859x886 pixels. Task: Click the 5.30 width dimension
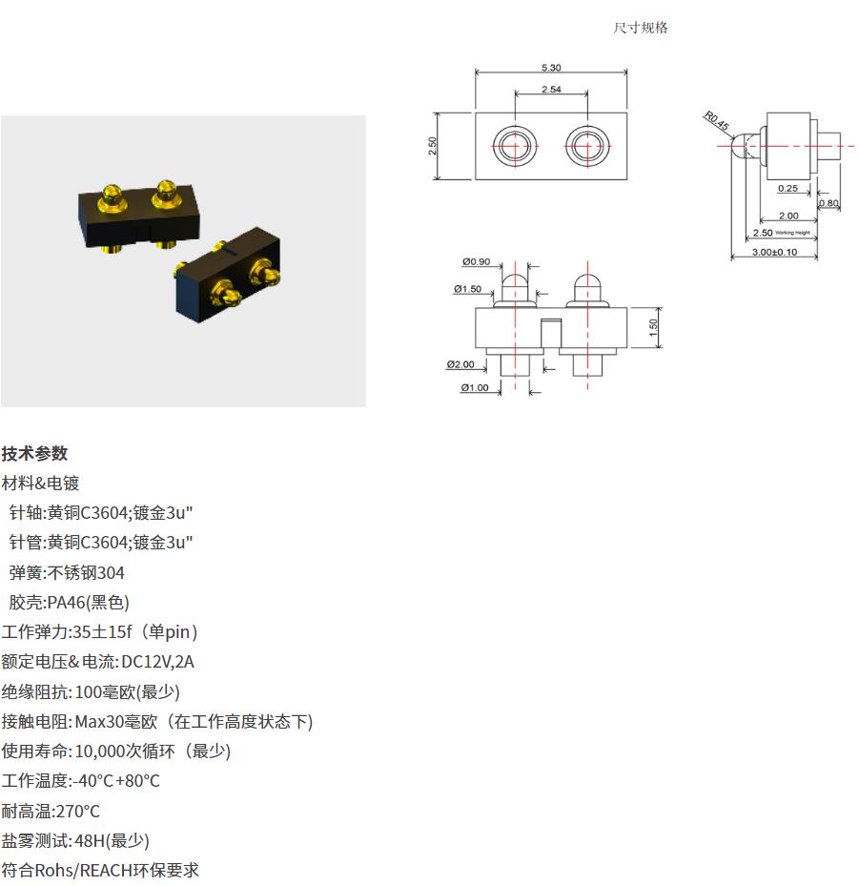(551, 68)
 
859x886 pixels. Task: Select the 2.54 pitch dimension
(551, 90)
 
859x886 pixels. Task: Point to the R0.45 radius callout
(716, 121)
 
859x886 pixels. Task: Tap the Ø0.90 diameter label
(476, 261)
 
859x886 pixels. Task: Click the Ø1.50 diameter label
(467, 289)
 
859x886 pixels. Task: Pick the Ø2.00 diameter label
(460, 364)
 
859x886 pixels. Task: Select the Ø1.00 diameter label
(475, 387)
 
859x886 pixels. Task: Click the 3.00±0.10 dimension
(774, 252)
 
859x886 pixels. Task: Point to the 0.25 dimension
(787, 188)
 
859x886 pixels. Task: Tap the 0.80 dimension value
(829, 203)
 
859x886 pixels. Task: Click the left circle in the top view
(515, 146)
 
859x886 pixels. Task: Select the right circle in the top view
(587, 146)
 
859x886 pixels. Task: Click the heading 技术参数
(34, 453)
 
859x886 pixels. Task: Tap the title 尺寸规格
(641, 28)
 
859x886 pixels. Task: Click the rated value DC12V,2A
(157, 662)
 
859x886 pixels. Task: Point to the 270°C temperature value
(77, 812)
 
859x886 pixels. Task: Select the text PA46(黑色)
(88, 603)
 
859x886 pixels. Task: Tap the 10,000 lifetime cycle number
(99, 752)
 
